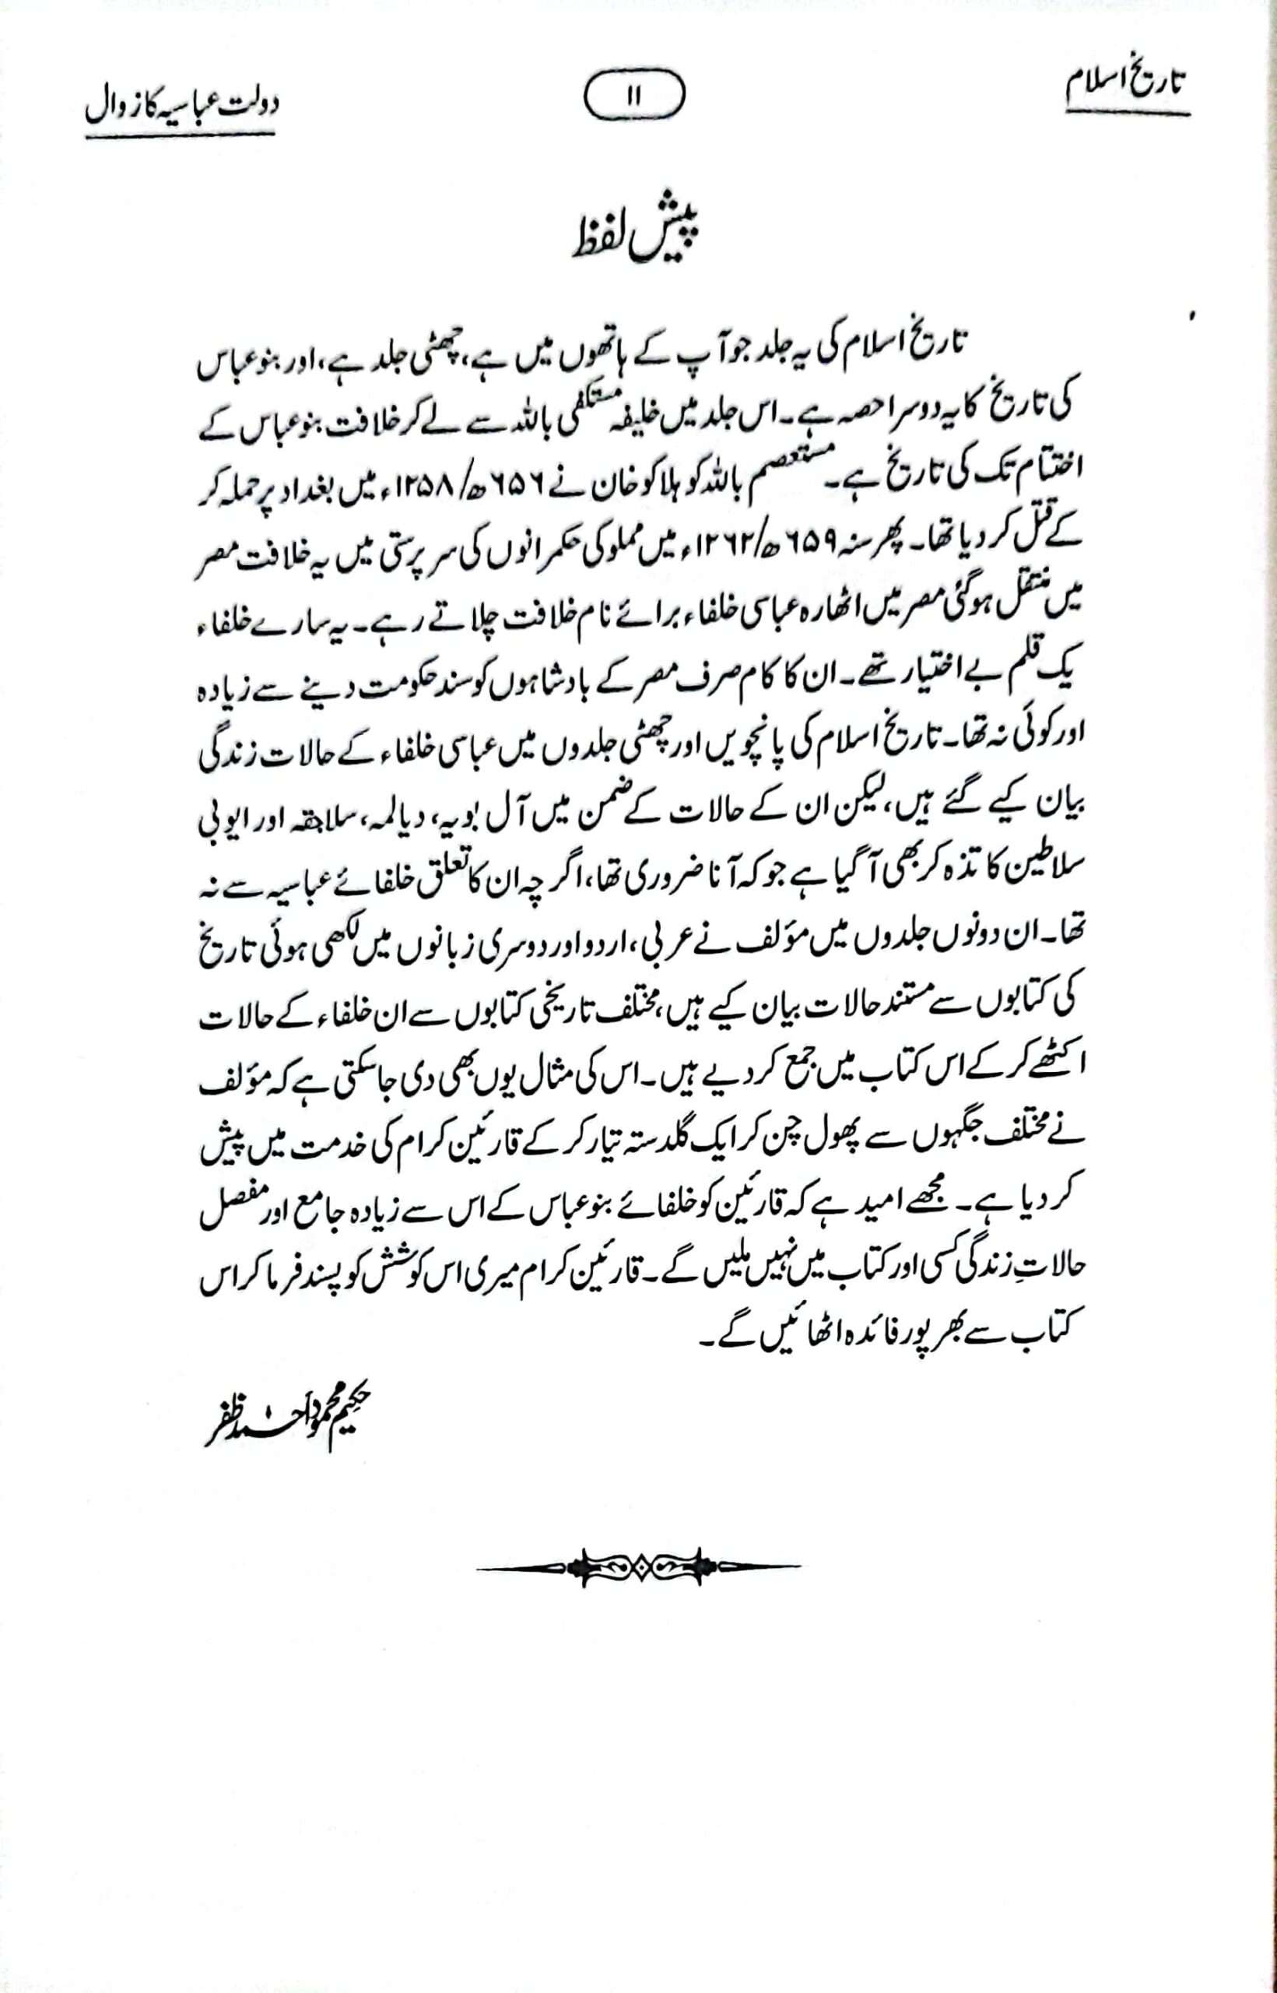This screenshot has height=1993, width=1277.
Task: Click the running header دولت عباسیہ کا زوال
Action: (181, 107)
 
